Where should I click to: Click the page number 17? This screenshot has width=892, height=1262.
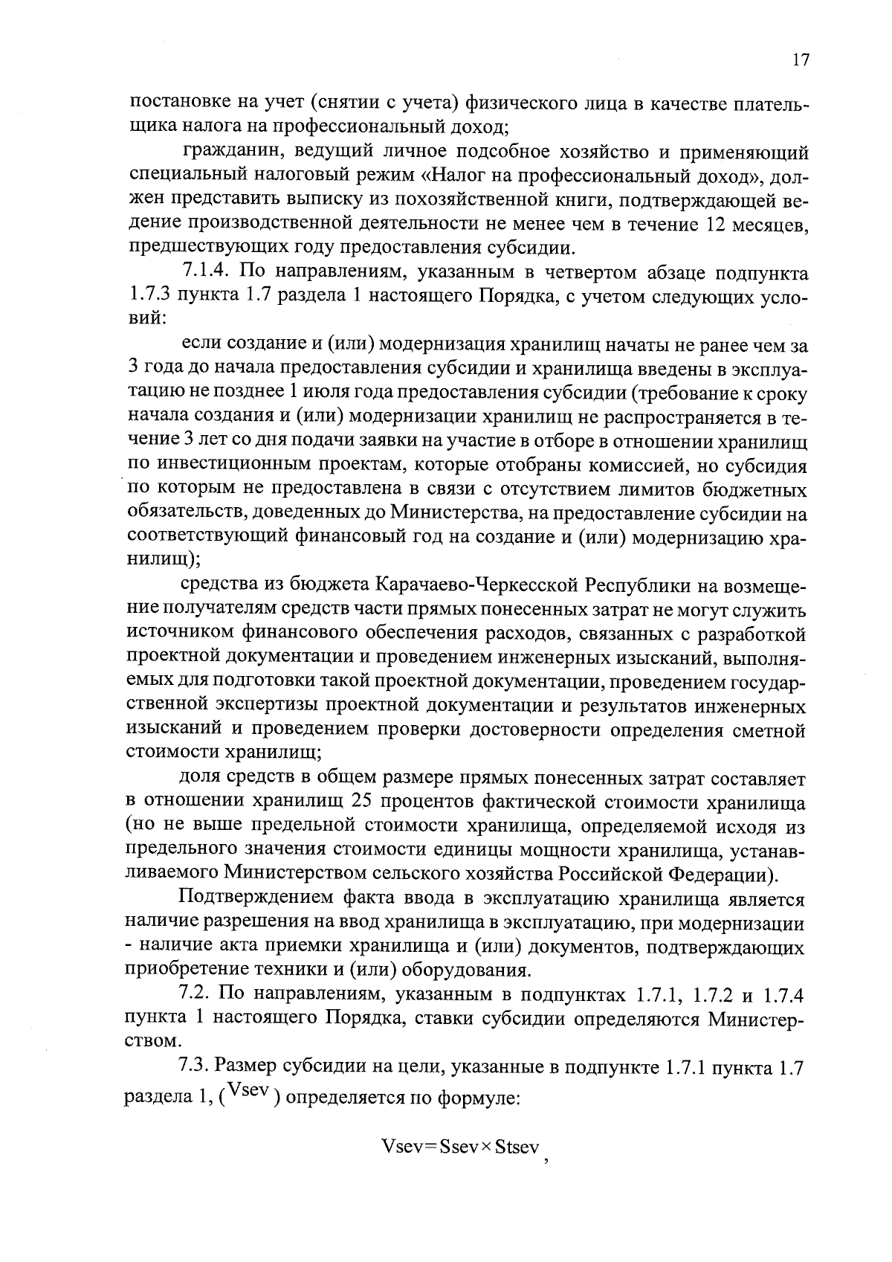click(800, 60)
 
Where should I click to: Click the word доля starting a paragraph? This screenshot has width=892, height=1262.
click(200, 778)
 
